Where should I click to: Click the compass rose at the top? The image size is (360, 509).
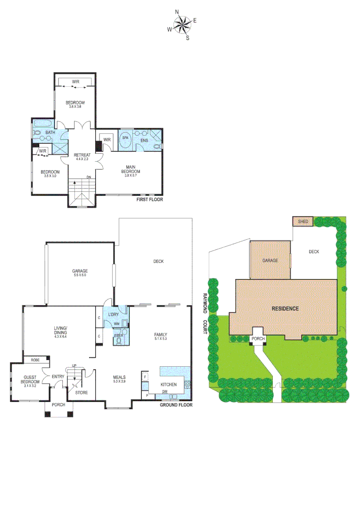point(182,25)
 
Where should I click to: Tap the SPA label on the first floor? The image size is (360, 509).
point(125,138)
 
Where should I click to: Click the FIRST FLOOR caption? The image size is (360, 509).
point(149,200)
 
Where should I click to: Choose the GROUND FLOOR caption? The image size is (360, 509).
point(175,405)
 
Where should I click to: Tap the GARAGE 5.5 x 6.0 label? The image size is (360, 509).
point(80,273)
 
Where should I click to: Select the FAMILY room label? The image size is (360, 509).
point(161,336)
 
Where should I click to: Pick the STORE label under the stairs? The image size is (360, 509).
point(82,392)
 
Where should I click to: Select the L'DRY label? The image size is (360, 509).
point(113,314)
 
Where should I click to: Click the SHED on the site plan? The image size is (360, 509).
point(303,221)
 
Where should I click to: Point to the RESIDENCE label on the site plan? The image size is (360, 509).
point(285,309)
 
